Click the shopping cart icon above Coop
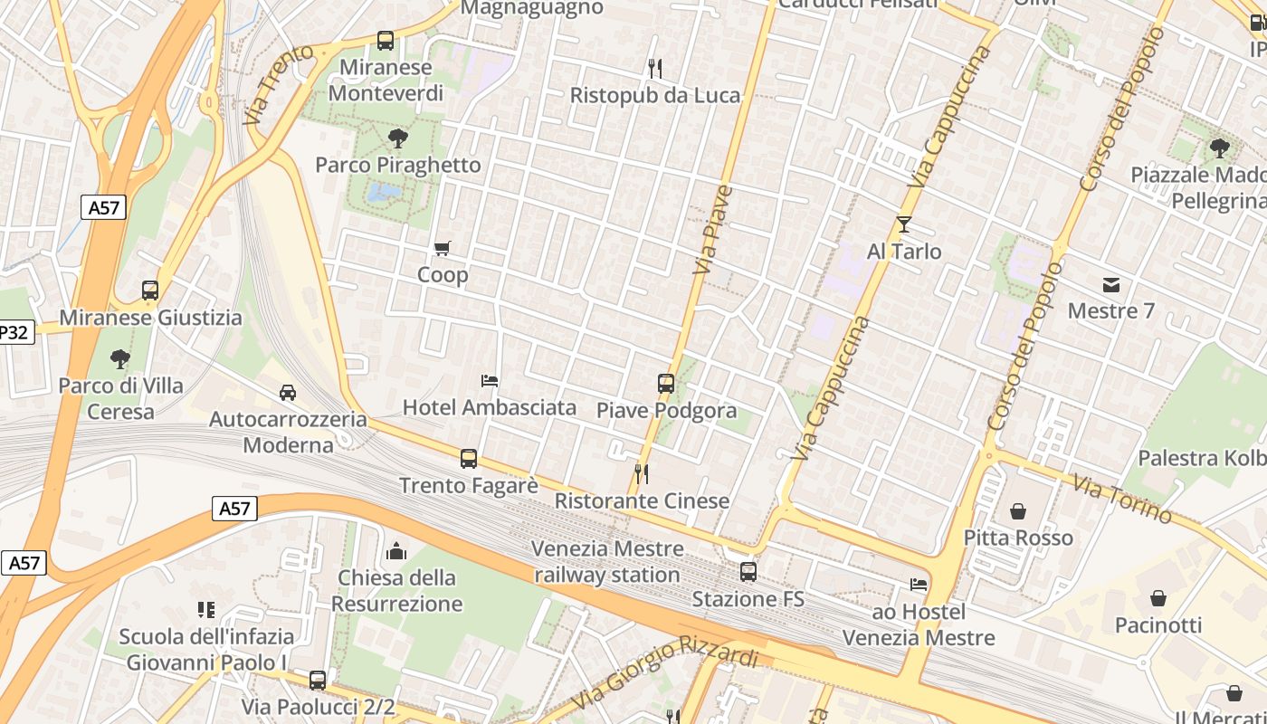click(442, 248)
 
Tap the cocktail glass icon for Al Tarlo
click(903, 224)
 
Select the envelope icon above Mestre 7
click(1111, 285)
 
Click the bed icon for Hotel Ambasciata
click(490, 381)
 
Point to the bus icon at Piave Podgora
click(666, 383)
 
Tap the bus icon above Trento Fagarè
click(468, 459)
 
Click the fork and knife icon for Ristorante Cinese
click(641, 473)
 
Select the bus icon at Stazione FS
click(748, 572)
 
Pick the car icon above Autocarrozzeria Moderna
click(287, 393)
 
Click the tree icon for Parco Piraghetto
click(396, 138)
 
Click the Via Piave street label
click(712, 230)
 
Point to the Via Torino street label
click(1122, 498)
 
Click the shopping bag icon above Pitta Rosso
click(1018, 511)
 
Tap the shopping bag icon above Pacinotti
click(1158, 598)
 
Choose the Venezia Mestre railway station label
click(607, 561)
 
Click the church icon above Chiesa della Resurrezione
click(396, 551)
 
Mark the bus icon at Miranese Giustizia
click(150, 291)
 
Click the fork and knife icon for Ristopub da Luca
click(655, 68)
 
